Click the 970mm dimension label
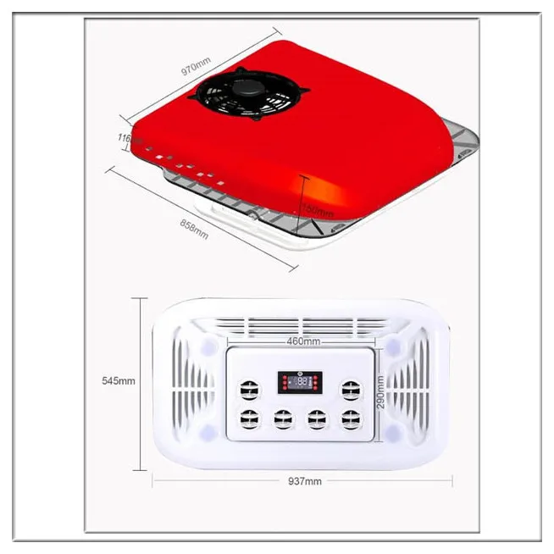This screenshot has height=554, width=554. click(x=197, y=64)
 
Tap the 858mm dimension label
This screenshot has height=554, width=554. click(x=194, y=229)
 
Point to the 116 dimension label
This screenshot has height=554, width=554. click(x=123, y=137)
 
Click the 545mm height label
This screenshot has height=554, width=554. click(x=117, y=380)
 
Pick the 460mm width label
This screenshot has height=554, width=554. click(x=303, y=341)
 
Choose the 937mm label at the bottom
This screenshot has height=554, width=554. click(x=304, y=481)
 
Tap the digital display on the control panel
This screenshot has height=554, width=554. click(x=299, y=383)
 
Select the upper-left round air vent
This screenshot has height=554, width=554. click(x=248, y=388)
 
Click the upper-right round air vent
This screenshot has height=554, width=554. click(x=348, y=388)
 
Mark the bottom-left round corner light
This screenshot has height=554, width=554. click(x=208, y=435)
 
